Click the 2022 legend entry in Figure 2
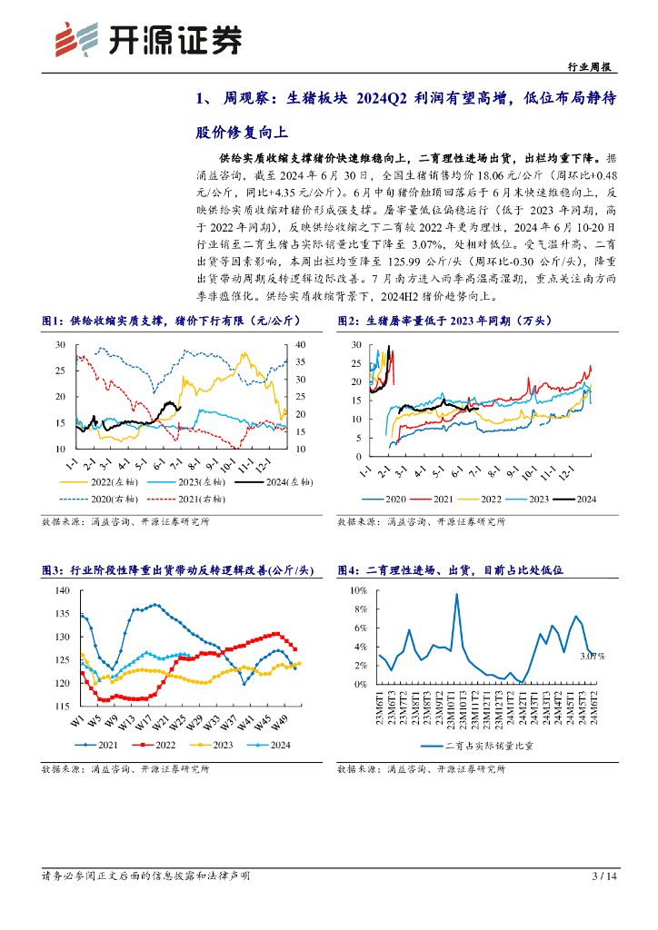point(492,500)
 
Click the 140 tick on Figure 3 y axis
point(63,590)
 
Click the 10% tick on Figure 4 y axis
point(356,590)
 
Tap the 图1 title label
point(53,321)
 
